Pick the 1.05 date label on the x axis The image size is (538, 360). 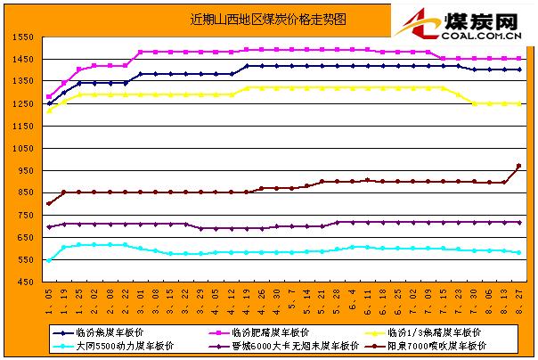click(49, 295)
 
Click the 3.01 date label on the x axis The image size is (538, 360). click(143, 295)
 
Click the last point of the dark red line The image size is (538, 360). click(519, 167)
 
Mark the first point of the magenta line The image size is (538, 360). click(49, 97)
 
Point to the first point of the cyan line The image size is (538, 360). click(49, 260)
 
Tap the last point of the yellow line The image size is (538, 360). click(519, 103)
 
